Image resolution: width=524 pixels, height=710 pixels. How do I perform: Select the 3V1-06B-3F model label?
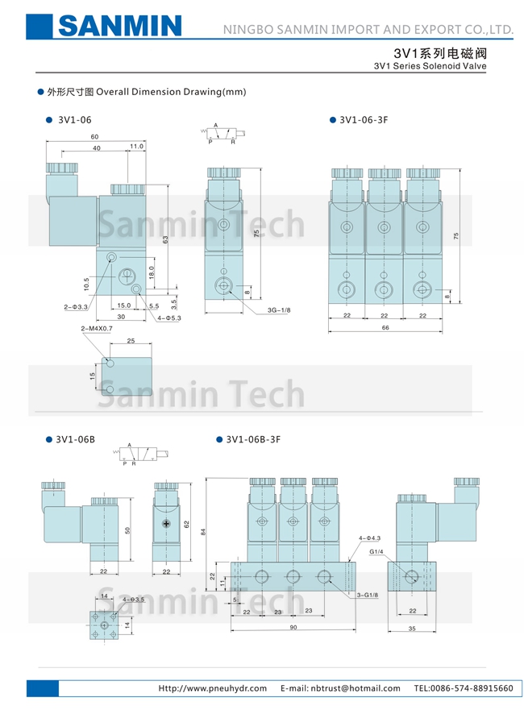tap(252, 439)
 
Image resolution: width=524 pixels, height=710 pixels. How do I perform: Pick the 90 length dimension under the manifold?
tap(293, 628)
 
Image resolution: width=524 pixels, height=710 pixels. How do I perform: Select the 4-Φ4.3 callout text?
tap(368, 538)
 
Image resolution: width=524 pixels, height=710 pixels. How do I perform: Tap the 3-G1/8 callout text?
tap(368, 595)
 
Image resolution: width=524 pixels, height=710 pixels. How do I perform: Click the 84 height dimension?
tap(205, 532)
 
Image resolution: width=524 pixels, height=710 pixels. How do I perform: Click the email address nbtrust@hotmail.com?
tap(340, 688)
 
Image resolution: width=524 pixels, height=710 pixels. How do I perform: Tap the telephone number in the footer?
tap(463, 688)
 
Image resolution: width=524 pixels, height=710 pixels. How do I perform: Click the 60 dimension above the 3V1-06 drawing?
tap(94, 136)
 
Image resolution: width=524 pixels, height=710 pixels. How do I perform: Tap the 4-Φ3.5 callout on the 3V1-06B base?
tap(134, 600)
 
